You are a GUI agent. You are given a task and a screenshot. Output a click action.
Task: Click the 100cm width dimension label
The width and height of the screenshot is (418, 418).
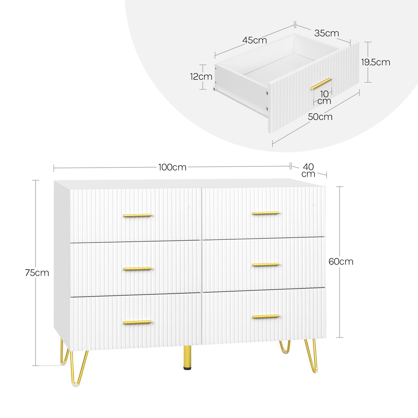tap(172, 167)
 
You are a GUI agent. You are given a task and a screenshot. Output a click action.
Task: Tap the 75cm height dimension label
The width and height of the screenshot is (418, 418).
tap(37, 273)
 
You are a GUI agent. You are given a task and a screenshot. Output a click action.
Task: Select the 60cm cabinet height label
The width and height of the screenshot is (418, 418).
tap(341, 262)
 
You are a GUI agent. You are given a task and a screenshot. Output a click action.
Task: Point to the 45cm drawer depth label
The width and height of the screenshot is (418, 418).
tap(255, 40)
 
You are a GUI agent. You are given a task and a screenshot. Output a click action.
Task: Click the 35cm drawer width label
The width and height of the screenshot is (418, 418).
tap(327, 33)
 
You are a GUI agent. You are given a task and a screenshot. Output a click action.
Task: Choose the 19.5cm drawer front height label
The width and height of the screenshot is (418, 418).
tap(376, 62)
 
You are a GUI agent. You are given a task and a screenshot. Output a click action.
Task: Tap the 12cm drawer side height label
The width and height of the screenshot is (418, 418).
tap(201, 77)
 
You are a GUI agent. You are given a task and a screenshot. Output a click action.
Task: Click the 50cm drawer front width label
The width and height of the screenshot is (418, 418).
tap(320, 117)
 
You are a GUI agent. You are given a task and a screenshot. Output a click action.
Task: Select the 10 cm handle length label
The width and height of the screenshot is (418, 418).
tap(324, 97)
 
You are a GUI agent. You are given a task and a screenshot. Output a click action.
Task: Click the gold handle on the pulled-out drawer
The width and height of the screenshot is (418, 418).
tap(321, 84)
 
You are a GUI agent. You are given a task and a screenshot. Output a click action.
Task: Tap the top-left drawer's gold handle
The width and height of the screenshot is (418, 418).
tap(138, 216)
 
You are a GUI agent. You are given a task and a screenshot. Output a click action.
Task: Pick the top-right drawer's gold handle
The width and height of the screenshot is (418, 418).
tap(266, 213)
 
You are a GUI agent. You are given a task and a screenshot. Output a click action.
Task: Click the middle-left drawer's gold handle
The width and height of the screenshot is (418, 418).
tap(138, 269)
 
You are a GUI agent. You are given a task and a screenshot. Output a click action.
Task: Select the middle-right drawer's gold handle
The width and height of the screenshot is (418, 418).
tap(266, 265)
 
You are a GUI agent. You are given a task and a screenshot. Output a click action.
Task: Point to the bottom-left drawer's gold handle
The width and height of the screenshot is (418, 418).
tap(137, 322)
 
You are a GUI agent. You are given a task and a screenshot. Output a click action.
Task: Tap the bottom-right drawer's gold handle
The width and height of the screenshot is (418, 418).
tap(266, 316)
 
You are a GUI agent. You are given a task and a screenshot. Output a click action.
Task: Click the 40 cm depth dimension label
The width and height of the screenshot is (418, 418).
tap(308, 170)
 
